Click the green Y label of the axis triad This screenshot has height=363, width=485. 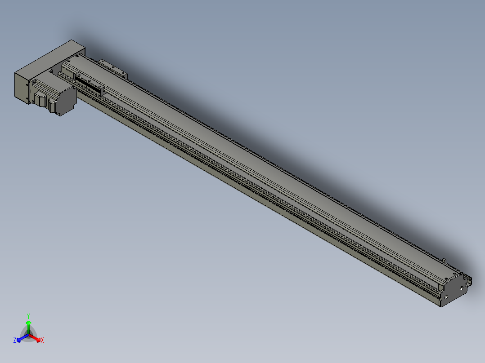click(28, 316)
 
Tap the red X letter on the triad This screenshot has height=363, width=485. click(42, 340)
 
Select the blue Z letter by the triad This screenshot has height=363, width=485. click(14, 340)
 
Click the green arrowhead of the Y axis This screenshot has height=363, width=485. click(28, 323)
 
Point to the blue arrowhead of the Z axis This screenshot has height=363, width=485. click(19, 340)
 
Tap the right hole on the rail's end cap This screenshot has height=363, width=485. click(461, 288)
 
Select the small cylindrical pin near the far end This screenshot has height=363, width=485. click(445, 261)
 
